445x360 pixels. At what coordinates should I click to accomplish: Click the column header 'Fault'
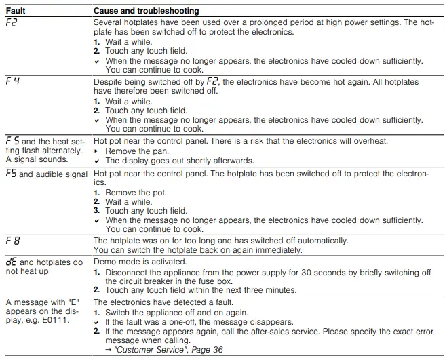(x=16, y=12)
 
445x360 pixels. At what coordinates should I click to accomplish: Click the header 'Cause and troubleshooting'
(x=146, y=12)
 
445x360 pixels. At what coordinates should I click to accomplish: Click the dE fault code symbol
(x=12, y=262)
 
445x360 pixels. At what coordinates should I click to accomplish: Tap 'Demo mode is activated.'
(x=139, y=261)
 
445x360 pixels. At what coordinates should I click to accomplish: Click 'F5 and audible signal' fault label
(x=46, y=174)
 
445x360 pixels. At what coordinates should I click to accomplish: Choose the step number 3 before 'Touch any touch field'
(x=96, y=211)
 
